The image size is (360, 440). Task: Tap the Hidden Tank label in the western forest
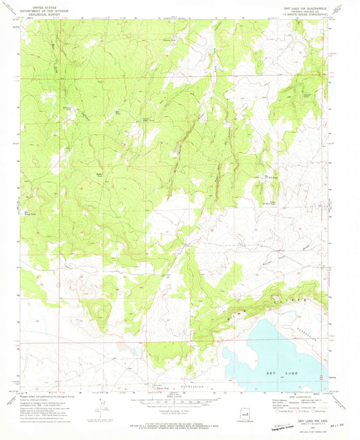click(x=97, y=173)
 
